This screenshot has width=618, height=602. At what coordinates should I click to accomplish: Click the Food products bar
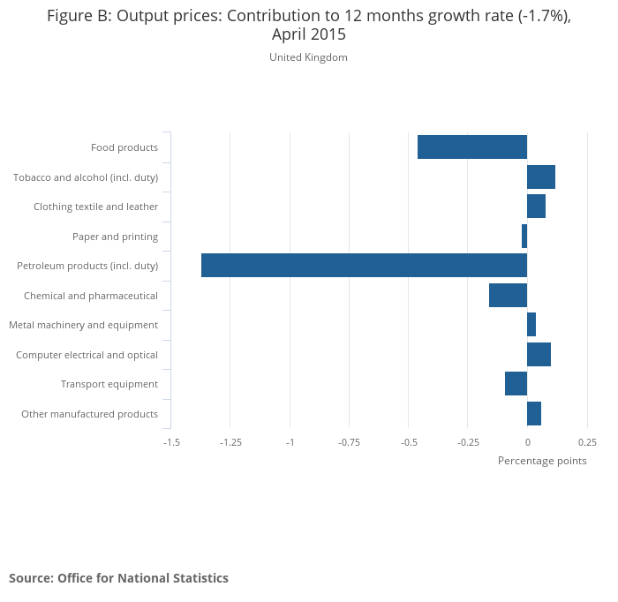click(x=471, y=147)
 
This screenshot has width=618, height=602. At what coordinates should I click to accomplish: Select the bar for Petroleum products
click(x=364, y=266)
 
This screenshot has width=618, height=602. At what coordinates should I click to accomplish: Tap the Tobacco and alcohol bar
click(x=540, y=177)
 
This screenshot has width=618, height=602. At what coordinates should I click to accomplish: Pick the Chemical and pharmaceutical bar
click(x=508, y=295)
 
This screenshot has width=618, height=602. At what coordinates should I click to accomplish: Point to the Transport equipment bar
click(x=516, y=384)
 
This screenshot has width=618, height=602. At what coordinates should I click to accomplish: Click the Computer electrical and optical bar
click(x=539, y=354)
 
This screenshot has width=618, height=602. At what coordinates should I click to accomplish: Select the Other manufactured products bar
click(x=533, y=413)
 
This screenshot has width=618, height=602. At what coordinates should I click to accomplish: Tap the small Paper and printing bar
click(x=524, y=237)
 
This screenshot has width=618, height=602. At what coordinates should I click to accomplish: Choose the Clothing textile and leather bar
click(x=536, y=207)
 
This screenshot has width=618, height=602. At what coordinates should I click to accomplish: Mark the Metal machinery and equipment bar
click(x=531, y=325)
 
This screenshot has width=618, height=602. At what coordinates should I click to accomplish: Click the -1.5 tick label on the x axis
click(x=171, y=442)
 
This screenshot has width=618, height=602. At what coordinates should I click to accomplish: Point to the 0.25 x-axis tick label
click(x=587, y=442)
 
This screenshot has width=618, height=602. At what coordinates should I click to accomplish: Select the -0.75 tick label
click(x=349, y=442)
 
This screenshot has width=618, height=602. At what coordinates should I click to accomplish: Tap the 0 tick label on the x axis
click(x=527, y=442)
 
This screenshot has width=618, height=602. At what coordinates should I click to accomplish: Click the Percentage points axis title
click(x=542, y=461)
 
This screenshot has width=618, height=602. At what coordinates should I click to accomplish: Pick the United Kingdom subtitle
click(x=308, y=57)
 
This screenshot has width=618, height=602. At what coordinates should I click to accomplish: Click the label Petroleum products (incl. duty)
click(x=87, y=266)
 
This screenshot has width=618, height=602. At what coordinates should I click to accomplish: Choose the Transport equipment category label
click(x=109, y=384)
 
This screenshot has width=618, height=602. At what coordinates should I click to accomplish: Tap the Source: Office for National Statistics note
click(x=118, y=578)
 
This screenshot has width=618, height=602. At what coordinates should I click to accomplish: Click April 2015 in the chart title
click(x=308, y=34)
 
